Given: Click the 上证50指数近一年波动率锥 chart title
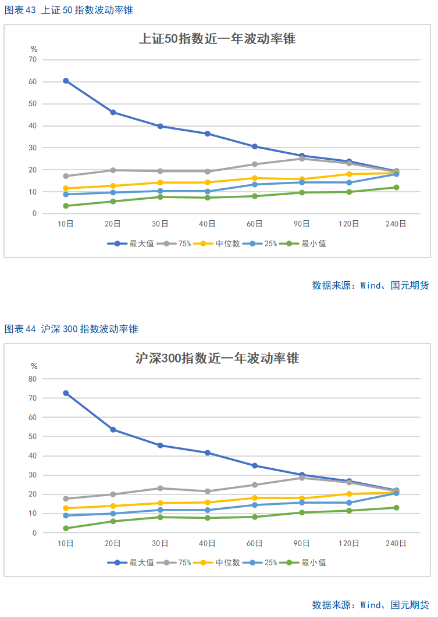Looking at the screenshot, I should tap(217, 40).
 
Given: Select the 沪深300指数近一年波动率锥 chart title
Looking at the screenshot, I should tap(217, 358).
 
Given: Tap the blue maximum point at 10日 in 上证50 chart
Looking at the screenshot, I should tap(66, 81).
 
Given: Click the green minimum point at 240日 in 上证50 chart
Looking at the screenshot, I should tap(396, 187).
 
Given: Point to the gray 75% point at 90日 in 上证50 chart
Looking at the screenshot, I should tap(302, 159).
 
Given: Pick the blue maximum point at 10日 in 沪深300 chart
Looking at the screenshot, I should tap(66, 393).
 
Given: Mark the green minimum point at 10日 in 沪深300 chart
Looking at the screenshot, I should tap(66, 528).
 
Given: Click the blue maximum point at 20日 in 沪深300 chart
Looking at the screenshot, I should tap(113, 429).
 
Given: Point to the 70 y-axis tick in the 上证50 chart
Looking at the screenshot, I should tap(33, 59).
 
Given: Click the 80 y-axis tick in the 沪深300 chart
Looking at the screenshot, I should tap(33, 379).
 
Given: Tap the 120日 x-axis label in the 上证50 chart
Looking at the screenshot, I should tap(349, 224).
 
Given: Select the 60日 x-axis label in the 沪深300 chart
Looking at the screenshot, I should tap(255, 543).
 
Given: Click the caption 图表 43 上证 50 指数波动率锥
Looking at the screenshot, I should tap(72, 10).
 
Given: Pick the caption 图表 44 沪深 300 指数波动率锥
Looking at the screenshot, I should tap(72, 329).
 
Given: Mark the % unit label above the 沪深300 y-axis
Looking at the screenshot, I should tap(34, 367).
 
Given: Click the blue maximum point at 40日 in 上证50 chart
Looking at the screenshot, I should tap(207, 134).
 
